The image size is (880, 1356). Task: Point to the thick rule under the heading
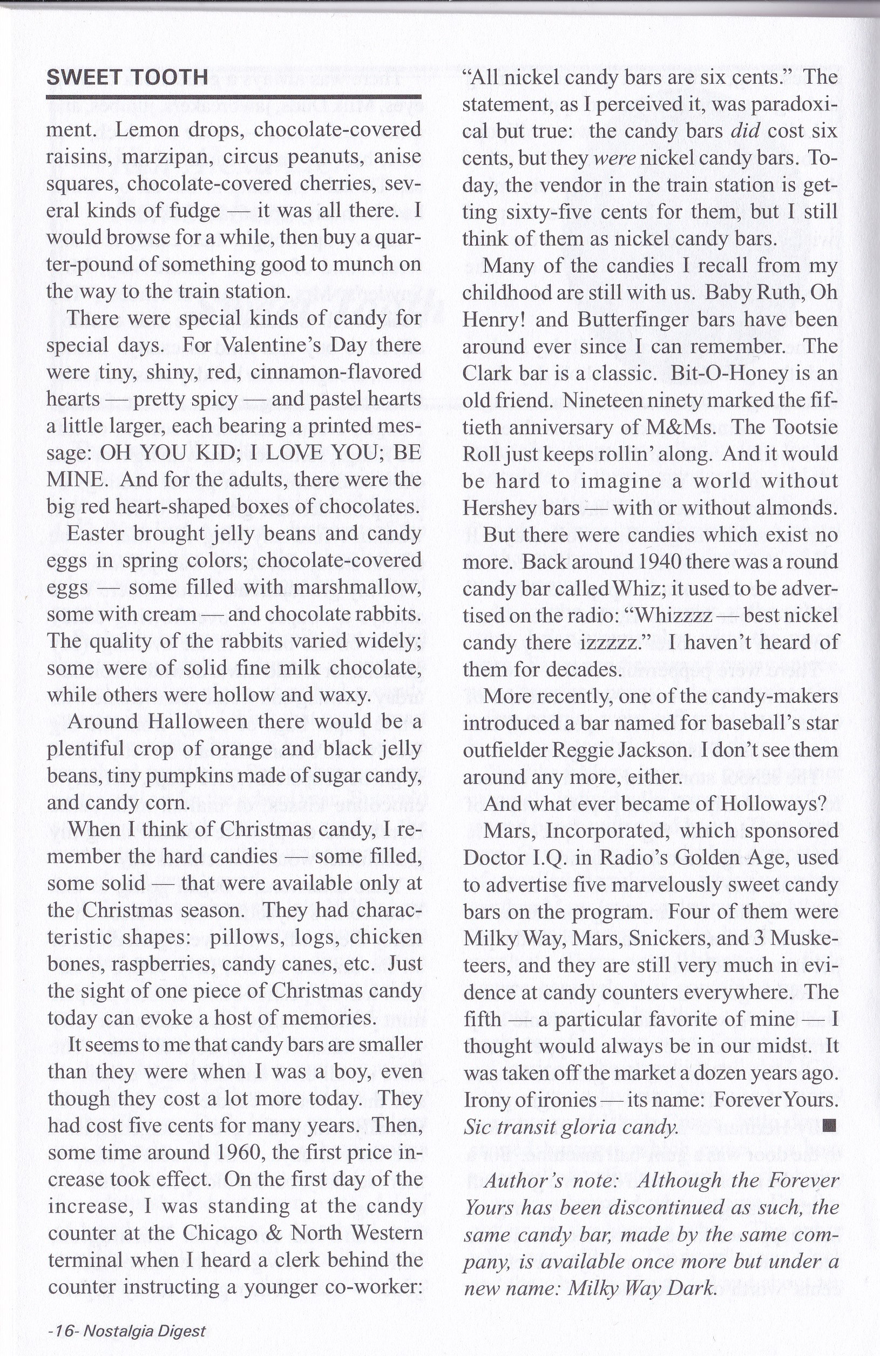click(233, 98)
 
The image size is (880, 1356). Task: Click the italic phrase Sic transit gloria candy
click(571, 1127)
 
